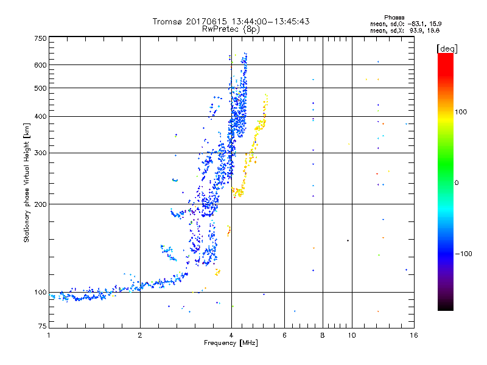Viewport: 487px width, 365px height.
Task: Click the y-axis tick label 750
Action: [x=40, y=38]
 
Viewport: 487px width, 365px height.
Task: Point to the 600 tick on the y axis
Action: [x=40, y=64]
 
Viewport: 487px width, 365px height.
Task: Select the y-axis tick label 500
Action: [x=40, y=88]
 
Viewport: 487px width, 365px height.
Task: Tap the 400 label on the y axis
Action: [x=40, y=116]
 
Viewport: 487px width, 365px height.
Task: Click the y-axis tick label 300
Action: [x=40, y=153]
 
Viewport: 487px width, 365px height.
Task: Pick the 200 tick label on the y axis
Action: [x=40, y=204]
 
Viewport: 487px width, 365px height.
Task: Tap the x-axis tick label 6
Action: [x=284, y=335]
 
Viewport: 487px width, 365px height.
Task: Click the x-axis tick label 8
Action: [x=323, y=335]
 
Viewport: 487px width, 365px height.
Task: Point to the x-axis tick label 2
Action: [x=140, y=335]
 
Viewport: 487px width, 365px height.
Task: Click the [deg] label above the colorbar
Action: [x=446, y=48]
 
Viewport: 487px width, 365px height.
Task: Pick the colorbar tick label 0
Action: [x=456, y=182]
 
